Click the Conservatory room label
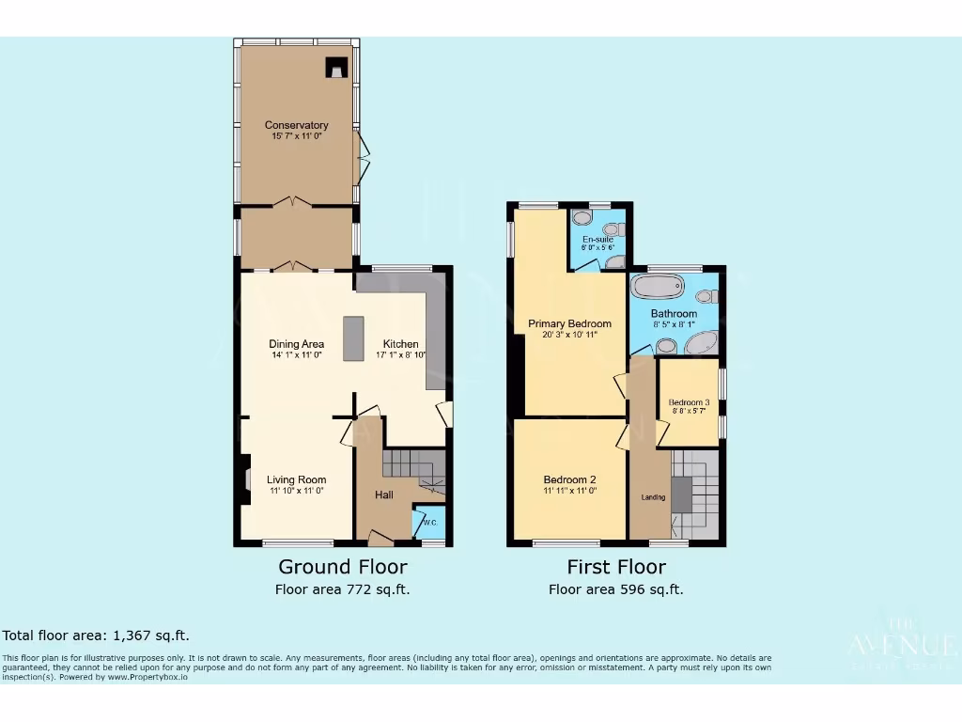coord(296,125)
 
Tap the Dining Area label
coord(296,344)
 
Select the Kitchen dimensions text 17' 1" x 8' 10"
coord(400,355)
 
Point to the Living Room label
coord(296,479)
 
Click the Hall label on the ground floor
coord(384,494)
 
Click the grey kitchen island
coord(353,338)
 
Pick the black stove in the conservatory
coord(336,67)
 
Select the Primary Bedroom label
coord(569,323)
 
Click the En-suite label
coord(597,240)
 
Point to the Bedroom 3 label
coord(689,402)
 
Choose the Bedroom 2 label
coord(569,479)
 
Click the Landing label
coord(653,497)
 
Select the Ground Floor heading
coord(343,567)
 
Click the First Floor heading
coord(616,567)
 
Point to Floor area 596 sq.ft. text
coord(616,590)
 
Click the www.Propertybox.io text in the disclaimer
coord(141,677)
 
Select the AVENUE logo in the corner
coord(903,645)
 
